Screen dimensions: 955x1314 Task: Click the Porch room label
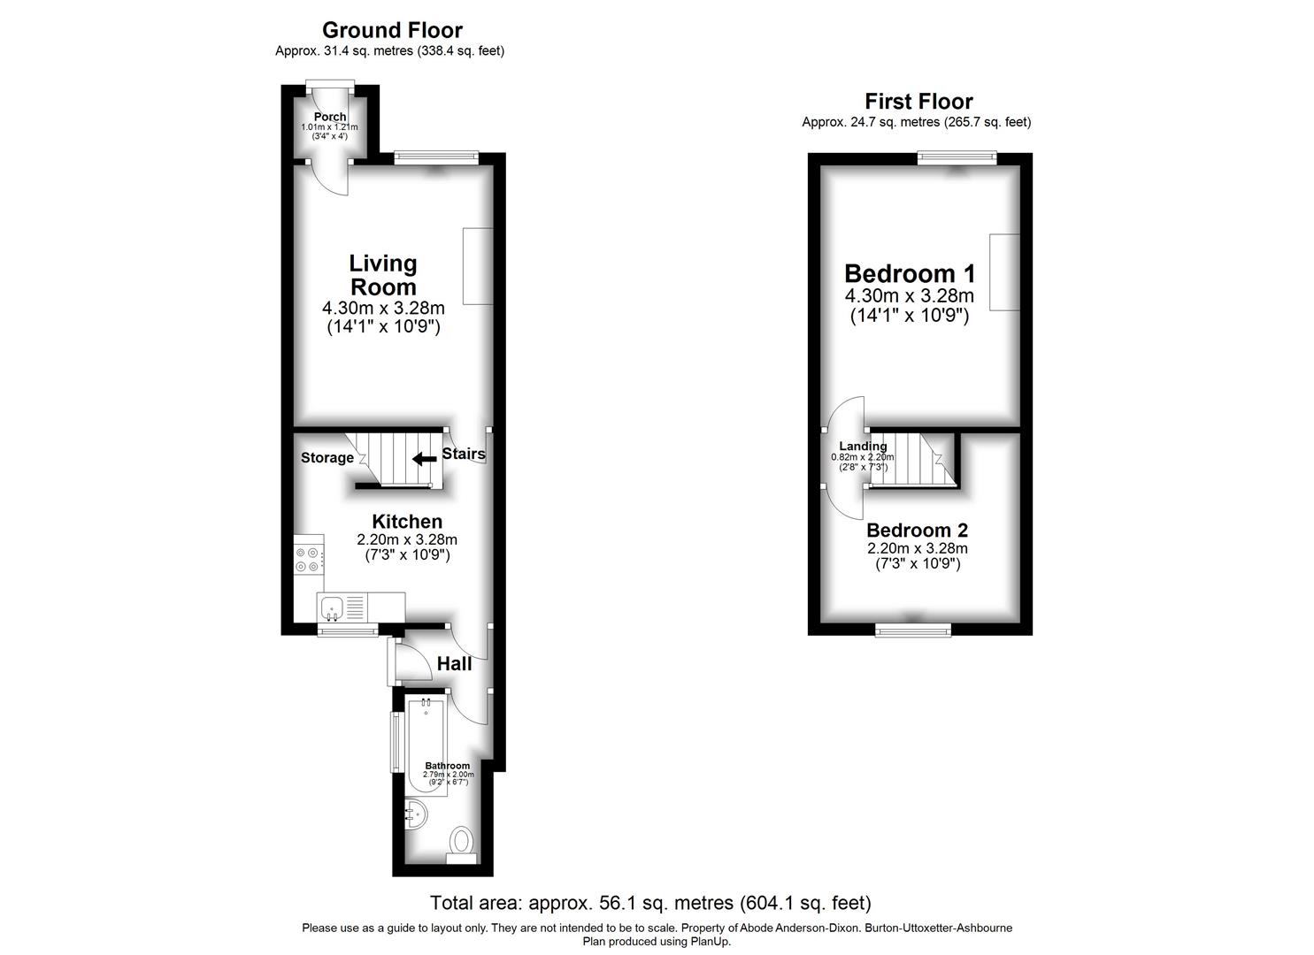330,117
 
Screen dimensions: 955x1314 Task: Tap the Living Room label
383,275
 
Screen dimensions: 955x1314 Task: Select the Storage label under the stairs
327,458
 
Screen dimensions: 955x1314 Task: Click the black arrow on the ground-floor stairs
424,458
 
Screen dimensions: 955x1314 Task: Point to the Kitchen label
407,522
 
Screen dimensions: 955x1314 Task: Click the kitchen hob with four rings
308,559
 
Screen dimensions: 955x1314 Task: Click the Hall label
453,663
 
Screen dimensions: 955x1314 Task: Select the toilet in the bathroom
461,841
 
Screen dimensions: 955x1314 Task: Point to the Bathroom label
448,766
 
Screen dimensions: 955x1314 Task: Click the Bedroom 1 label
909,273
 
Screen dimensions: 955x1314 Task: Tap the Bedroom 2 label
917,531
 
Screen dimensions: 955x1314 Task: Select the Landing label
863,447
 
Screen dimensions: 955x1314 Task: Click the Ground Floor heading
392,31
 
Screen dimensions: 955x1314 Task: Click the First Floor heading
918,102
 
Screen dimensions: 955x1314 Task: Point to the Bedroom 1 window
957,158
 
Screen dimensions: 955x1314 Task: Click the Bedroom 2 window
913,629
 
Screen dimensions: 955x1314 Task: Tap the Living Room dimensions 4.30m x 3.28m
383,309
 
